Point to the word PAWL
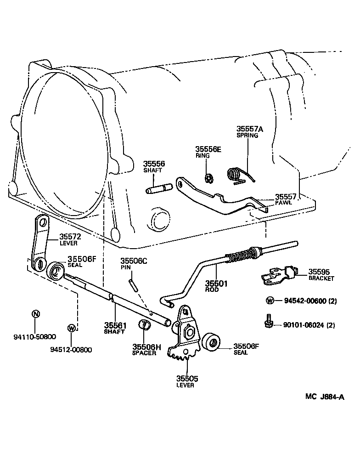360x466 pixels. [283, 202]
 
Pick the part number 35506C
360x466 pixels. [134, 261]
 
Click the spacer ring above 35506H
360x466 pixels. [146, 326]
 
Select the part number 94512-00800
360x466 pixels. [71, 350]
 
